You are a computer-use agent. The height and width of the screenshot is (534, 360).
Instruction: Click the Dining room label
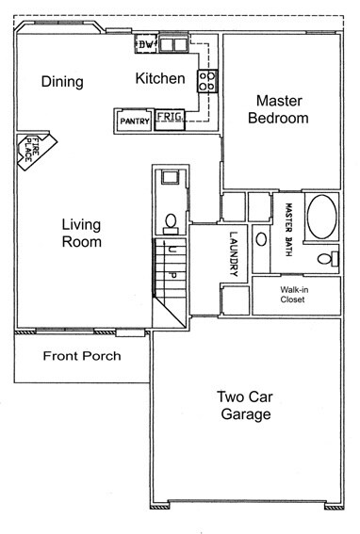pos(62,82)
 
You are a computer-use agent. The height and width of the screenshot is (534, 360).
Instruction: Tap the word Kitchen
pos(160,78)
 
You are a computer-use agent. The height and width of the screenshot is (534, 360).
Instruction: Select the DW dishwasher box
pos(146,44)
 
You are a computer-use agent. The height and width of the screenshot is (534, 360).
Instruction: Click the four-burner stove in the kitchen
pos(207,81)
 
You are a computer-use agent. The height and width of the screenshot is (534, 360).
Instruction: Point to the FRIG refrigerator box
pos(170,120)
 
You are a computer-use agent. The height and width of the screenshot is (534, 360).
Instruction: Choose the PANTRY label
pos(135,121)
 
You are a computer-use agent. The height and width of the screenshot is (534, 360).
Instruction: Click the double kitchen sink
pos(173,44)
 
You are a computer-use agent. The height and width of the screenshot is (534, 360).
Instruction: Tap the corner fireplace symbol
pos(36,151)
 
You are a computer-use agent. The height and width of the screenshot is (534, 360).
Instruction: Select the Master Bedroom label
pos(279,109)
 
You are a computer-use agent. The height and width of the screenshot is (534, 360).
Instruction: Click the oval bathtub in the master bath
pos(321,217)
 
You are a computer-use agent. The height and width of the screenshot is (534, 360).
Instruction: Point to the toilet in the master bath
pos(328,259)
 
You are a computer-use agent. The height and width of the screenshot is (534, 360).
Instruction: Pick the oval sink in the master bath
pos(261,239)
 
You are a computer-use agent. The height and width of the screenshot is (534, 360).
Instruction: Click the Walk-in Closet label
pos(294,295)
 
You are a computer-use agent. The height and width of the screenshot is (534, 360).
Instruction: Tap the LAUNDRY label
pos(234,254)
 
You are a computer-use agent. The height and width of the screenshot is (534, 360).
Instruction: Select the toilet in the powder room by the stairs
pos(171,224)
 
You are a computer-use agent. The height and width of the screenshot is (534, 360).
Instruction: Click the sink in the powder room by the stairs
pos(170,177)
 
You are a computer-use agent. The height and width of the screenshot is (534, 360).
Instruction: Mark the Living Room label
pos(81,234)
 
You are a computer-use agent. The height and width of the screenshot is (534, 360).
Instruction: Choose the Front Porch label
pos(82,356)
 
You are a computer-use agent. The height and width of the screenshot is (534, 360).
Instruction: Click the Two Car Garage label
pos(245,406)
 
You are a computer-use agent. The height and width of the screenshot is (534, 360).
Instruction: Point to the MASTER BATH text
pos(288,230)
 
